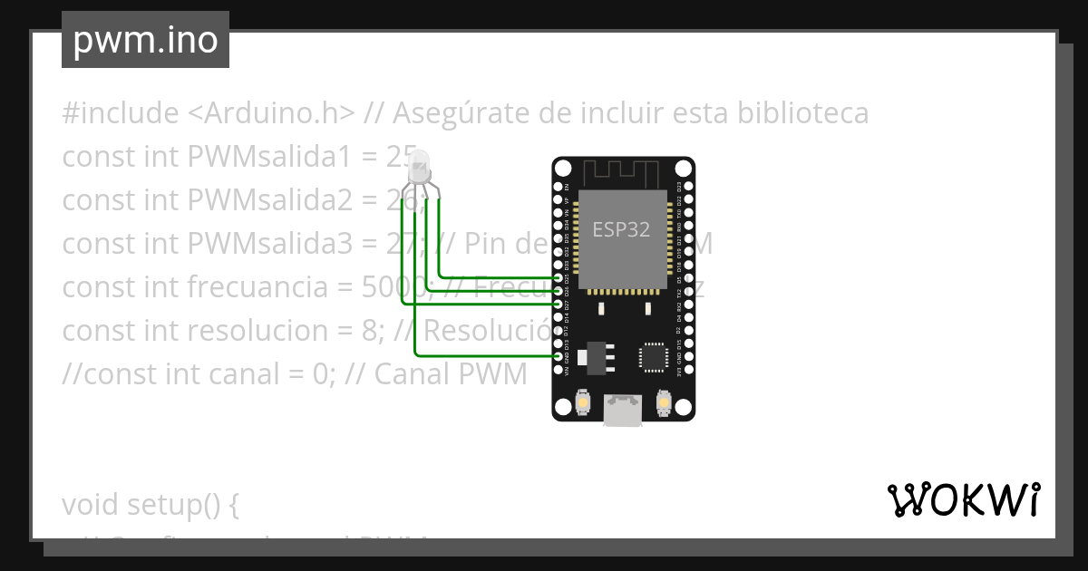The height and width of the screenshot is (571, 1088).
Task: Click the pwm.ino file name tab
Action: (145, 41)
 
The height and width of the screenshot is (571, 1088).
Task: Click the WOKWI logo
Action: (963, 499)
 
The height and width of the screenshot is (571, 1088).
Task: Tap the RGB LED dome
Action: (419, 166)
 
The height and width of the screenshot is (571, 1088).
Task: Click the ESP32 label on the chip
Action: (621, 230)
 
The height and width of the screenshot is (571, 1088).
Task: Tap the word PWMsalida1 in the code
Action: (268, 157)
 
